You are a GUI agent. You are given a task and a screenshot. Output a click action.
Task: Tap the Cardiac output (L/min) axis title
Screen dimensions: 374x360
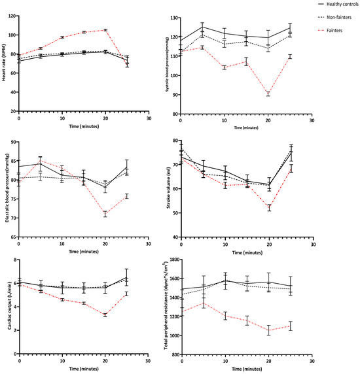pyautogui.click(x=4, y=307)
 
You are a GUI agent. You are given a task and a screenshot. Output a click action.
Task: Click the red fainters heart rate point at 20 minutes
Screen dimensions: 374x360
pyautogui.click(x=105, y=30)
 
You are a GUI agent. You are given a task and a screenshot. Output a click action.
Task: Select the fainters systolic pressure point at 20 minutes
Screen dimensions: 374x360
pyautogui.click(x=268, y=94)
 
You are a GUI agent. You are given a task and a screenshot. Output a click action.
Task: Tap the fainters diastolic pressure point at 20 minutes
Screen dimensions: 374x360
pyautogui.click(x=105, y=214)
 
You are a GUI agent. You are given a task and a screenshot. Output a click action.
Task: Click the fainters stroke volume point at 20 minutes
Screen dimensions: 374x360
pyautogui.click(x=268, y=208)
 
